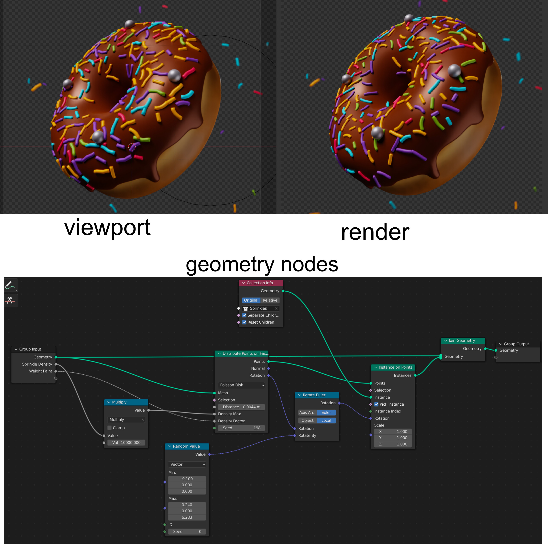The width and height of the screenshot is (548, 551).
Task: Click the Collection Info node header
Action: (x=260, y=283)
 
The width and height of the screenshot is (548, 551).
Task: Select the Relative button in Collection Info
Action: (x=270, y=300)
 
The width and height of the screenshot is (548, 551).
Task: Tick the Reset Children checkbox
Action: (x=244, y=322)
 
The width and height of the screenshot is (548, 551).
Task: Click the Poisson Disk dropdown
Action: (x=241, y=385)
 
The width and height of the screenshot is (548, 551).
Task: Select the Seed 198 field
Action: (x=241, y=428)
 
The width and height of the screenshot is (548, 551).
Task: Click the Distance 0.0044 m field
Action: (x=241, y=407)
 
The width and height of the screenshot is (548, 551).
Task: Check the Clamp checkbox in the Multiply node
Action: (x=109, y=428)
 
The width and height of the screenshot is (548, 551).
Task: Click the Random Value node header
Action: (x=187, y=446)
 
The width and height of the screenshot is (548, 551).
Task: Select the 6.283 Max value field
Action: (x=187, y=517)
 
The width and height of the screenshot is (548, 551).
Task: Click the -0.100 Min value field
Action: (x=187, y=479)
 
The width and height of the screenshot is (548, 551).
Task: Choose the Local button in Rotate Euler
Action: (x=326, y=420)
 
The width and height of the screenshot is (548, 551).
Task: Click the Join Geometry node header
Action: (x=462, y=341)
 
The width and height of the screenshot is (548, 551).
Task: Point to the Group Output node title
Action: (x=516, y=344)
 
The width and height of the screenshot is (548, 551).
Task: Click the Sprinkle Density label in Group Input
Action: (x=37, y=364)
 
